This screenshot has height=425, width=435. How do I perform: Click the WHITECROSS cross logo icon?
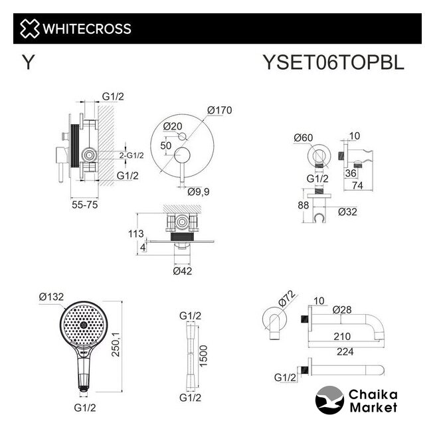point(29,29)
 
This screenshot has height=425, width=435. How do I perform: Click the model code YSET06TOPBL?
point(333,62)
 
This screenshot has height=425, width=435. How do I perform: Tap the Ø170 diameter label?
point(219,110)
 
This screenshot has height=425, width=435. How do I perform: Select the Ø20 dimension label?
point(173,126)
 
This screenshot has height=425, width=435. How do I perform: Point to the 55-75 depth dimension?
point(84,205)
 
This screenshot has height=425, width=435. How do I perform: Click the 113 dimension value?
point(136,234)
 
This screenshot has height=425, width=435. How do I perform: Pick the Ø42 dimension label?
point(182,271)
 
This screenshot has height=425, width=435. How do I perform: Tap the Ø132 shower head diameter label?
point(51,297)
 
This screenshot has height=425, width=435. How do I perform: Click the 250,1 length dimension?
point(116,344)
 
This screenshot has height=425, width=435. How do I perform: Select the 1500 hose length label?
point(203,356)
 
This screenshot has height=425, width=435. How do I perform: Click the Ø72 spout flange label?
point(286,299)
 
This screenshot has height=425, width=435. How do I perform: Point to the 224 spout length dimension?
point(345,352)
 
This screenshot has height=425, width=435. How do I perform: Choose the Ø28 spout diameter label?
point(342,309)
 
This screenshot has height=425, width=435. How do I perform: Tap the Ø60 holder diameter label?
point(304,137)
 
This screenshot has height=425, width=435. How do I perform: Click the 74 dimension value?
point(357,185)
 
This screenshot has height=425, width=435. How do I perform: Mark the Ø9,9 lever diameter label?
point(199,192)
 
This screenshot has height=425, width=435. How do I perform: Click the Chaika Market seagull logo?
point(329,400)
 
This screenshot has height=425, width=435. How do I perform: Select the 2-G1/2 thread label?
point(131,155)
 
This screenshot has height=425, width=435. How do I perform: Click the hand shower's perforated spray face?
point(83,325)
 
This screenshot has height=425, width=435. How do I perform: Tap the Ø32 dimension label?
point(347,212)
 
